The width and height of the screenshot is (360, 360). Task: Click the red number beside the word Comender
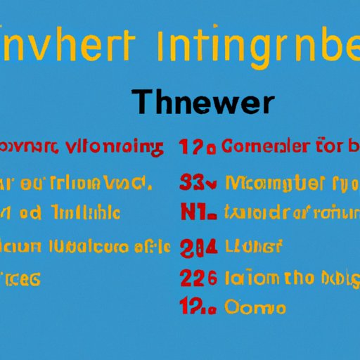pos(198,147)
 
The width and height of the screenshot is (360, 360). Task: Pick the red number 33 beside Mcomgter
pos(197,185)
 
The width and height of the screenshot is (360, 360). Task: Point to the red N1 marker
pos(197,212)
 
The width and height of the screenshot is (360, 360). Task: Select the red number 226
pos(198,278)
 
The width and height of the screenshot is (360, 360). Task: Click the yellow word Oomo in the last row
pos(255,307)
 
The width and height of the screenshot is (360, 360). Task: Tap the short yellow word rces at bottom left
pos(20,279)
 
